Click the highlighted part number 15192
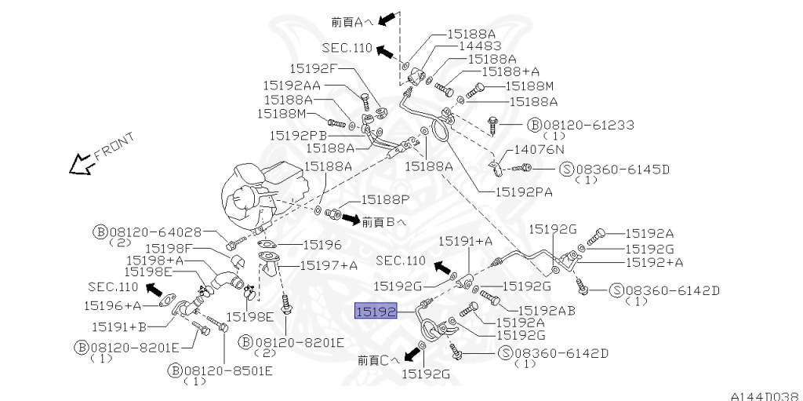(376, 312)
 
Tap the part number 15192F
(313, 68)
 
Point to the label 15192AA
(291, 85)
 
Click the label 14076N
(541, 149)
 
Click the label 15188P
(384, 202)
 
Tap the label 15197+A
(329, 265)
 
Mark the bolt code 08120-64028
(156, 232)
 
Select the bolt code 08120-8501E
(219, 369)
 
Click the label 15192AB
(547, 311)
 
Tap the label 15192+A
(654, 262)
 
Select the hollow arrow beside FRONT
(79, 165)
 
